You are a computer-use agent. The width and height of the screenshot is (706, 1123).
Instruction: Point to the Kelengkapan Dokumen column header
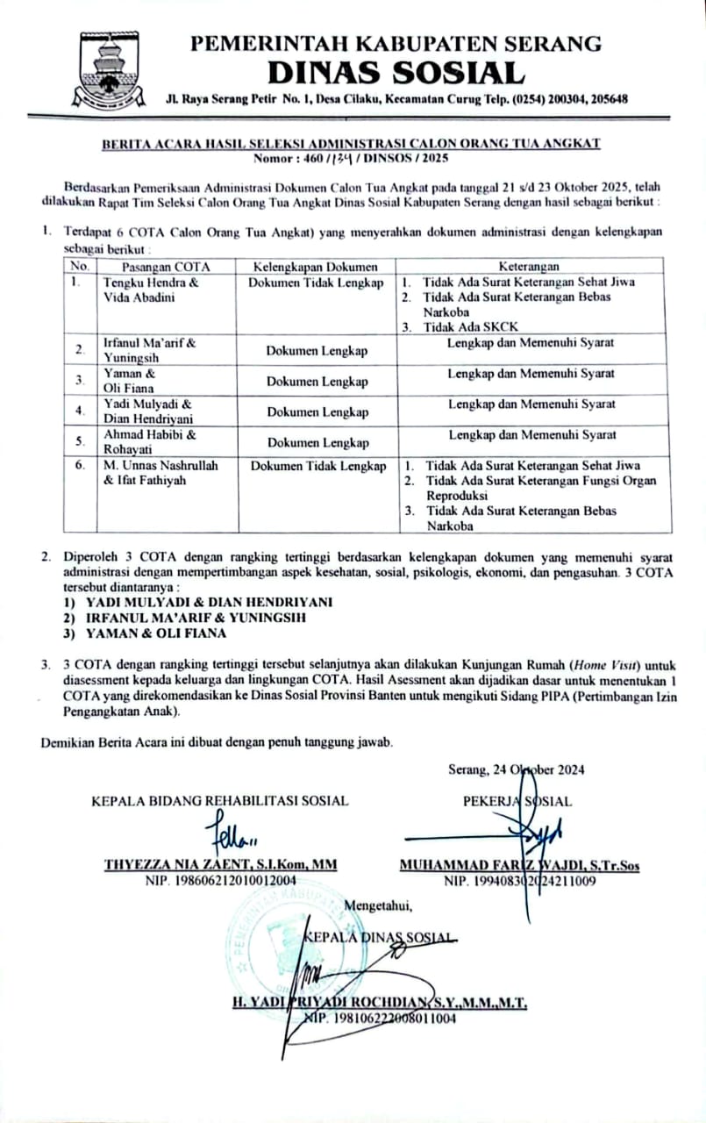[315, 266]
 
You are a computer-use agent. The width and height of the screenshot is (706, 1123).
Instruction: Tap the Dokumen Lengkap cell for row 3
[317, 382]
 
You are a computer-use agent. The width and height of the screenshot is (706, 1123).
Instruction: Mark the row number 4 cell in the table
[80, 411]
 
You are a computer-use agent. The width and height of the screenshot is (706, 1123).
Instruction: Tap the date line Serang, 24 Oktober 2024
[516, 769]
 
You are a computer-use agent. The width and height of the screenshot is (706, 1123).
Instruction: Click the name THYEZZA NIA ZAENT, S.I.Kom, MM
[220, 865]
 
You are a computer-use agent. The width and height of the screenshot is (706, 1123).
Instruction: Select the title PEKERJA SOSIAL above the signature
[517, 800]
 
